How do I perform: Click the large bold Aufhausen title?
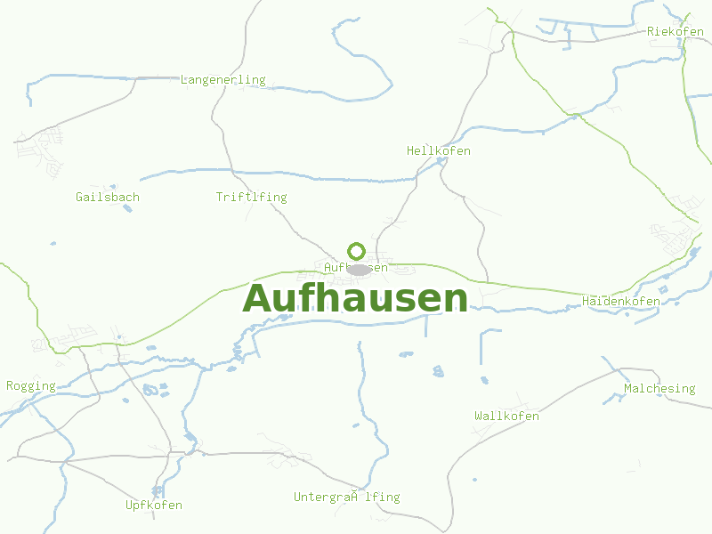point(355,298)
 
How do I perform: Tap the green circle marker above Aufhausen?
point(356,251)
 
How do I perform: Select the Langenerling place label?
point(222,80)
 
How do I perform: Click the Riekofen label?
point(676,32)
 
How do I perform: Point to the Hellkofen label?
point(438,151)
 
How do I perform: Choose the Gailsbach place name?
point(108,198)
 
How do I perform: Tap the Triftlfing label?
point(251,198)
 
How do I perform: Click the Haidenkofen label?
point(620,302)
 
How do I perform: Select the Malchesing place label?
point(659,389)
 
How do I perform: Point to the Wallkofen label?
point(506,417)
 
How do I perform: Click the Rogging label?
point(31,386)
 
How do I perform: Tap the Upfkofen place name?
point(154,506)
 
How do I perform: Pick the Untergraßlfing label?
point(347,498)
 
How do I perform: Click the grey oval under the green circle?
point(359,270)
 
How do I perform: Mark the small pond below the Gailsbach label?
point(127,209)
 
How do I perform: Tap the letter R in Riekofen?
point(651,32)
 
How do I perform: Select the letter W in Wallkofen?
point(479,417)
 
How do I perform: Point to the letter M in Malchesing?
point(628,389)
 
